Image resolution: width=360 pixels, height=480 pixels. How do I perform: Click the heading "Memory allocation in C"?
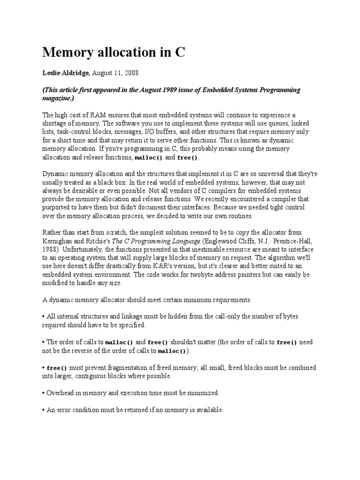(x=114, y=52)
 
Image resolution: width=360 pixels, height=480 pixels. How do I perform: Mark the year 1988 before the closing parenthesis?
(x=50, y=249)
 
